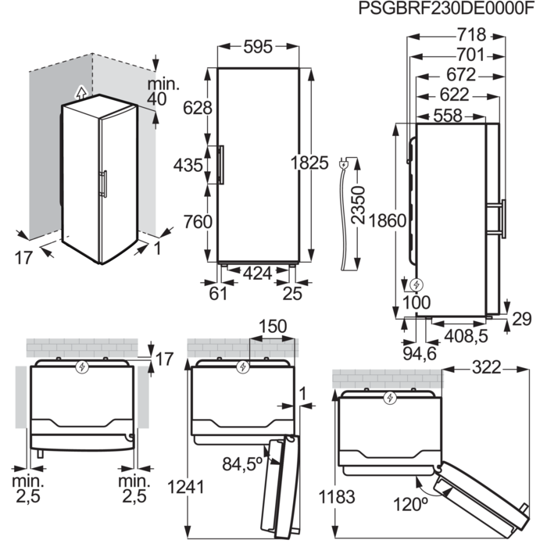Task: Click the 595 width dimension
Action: pyautogui.click(x=256, y=48)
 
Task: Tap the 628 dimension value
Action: pyautogui.click(x=197, y=109)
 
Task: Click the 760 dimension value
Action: pyautogui.click(x=197, y=222)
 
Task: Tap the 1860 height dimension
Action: pyautogui.click(x=389, y=220)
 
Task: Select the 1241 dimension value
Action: pyautogui.click(x=186, y=487)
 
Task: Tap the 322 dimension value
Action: pyautogui.click(x=486, y=368)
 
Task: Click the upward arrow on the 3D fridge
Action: pyautogui.click(x=80, y=91)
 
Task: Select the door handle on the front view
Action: pyautogui.click(x=222, y=165)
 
